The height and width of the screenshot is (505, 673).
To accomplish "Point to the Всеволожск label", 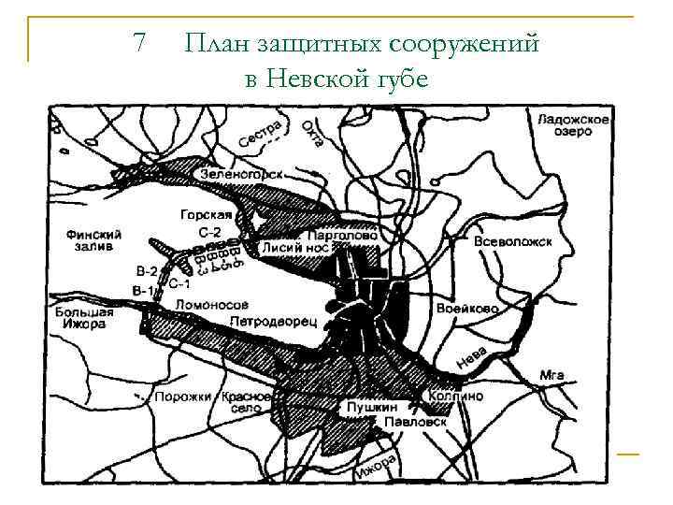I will pos(513,241).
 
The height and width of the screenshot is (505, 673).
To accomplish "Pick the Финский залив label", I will pos(90,240).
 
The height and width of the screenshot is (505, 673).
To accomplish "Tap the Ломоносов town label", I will pos(212,305).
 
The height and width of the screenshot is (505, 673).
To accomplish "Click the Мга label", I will pos(551,375).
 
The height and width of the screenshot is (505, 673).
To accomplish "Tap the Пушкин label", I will pos(371,408).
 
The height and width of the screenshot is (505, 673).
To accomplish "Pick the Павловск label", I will pos(415,422).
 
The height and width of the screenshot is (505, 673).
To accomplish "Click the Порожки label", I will pos(183,397).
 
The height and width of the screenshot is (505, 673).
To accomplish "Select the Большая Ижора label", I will pos(83,318).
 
